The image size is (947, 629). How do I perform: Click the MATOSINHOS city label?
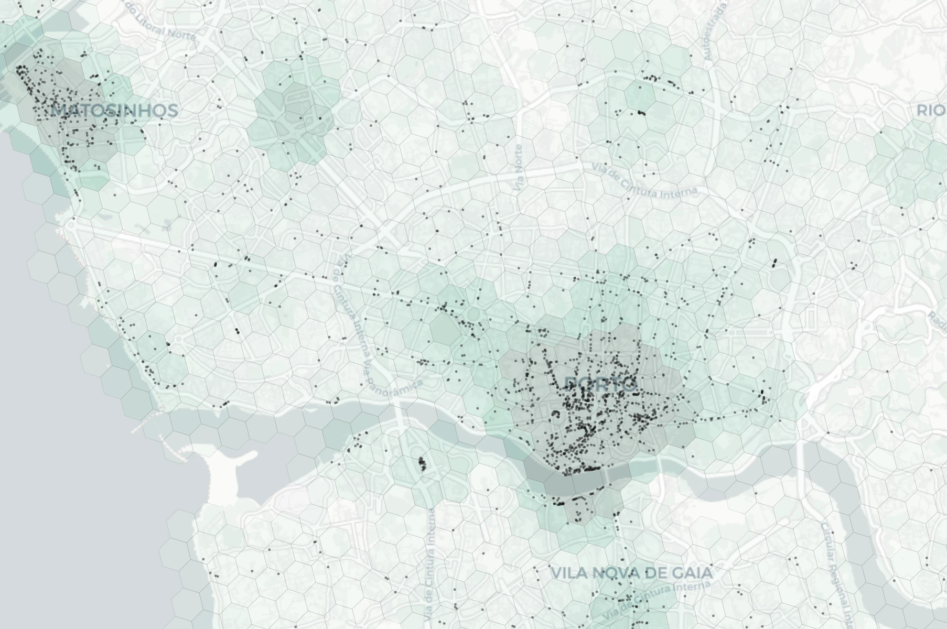[115, 111]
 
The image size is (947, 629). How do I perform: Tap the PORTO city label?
[601, 385]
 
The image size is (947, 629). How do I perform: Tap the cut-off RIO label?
[931, 111]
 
